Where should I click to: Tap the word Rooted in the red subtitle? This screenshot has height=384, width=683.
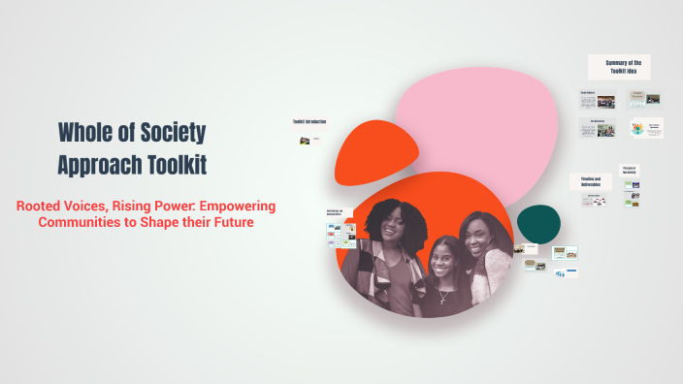coord(43,206)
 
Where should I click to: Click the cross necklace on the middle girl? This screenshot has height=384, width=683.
coord(443,297)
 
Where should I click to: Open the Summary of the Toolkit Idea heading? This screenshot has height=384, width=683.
coord(623,67)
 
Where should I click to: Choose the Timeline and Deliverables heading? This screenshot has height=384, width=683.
coord(592,182)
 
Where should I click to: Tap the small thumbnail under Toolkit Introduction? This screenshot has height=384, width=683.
coord(304,141)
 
